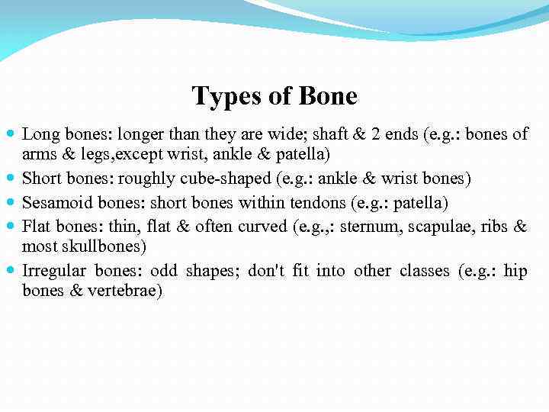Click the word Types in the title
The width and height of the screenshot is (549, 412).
pos(221,97)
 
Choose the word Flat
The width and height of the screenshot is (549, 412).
pos(37,227)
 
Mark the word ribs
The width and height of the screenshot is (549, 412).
pos(495,227)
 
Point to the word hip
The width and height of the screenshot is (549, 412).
pos(515,272)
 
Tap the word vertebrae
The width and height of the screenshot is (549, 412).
pos(124,291)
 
